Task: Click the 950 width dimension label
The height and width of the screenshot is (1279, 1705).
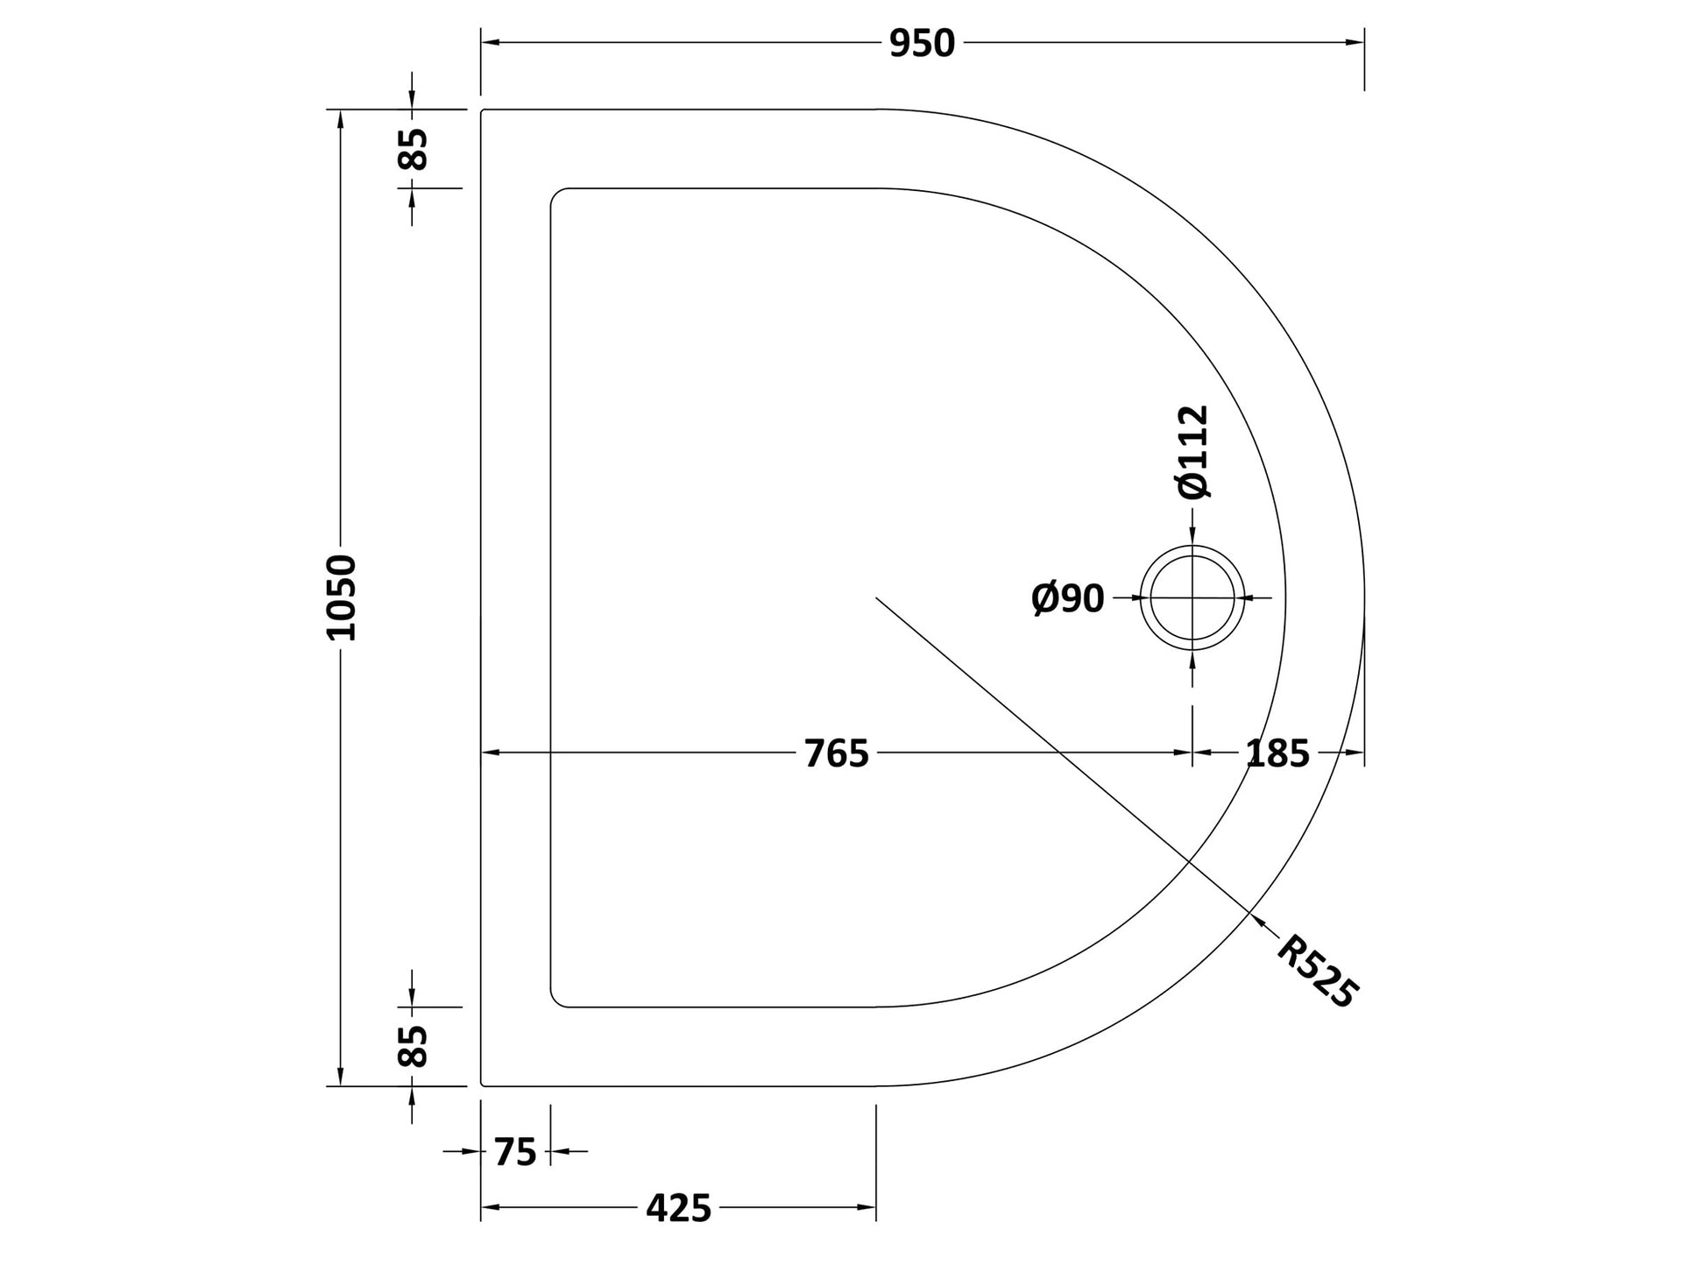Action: (922, 43)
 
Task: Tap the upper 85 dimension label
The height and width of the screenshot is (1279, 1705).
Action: (413, 149)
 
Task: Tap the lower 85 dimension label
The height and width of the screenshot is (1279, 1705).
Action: (413, 1046)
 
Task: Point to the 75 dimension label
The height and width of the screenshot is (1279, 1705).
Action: (515, 1152)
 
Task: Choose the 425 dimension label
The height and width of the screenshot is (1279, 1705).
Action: (679, 1209)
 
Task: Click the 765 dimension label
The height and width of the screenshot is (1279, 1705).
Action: (837, 753)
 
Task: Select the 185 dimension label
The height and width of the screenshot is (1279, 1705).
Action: (1277, 753)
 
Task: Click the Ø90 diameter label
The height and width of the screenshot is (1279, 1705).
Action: (1068, 599)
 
